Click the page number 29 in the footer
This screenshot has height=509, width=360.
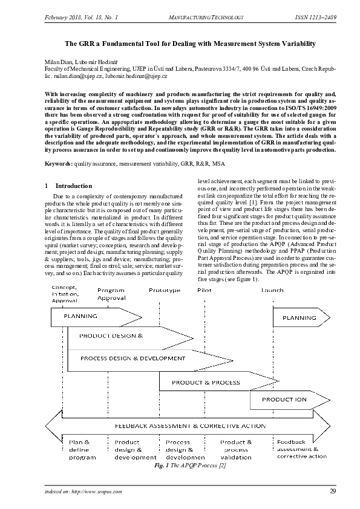pos(332,491)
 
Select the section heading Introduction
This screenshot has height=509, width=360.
pos(73,186)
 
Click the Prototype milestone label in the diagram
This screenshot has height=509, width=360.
pos(164,290)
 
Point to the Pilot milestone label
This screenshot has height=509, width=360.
pos(205,290)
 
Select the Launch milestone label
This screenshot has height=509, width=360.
pos(272,290)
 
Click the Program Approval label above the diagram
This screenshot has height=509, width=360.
pos(111,294)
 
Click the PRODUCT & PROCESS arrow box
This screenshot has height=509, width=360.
pos(206,382)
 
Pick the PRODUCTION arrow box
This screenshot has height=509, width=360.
pos(284,400)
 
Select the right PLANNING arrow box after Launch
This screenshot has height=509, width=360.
pos(299,317)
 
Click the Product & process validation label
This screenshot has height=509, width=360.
pos(236,449)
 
